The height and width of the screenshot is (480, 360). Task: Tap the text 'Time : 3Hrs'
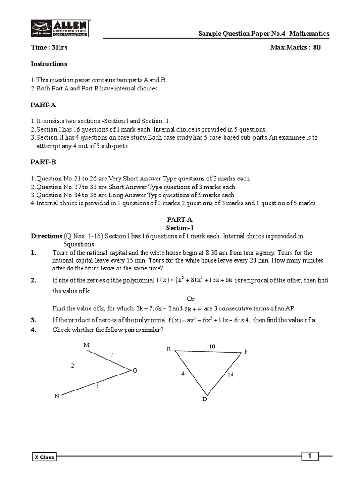click(46, 48)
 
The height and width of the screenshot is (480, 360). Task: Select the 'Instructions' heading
click(49, 64)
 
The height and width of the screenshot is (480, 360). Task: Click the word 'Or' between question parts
click(191, 299)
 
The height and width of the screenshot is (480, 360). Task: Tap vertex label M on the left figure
click(86, 345)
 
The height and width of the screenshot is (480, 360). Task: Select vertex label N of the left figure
click(57, 396)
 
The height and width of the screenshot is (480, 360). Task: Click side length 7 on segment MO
click(112, 355)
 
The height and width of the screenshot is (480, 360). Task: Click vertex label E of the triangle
click(168, 349)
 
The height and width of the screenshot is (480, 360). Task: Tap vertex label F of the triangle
click(246, 352)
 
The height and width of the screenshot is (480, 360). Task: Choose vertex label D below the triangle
click(204, 399)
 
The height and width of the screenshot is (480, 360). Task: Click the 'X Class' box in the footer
click(44, 457)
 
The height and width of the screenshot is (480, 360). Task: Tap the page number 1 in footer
click(310, 456)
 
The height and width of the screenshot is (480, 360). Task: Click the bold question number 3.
click(34, 320)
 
